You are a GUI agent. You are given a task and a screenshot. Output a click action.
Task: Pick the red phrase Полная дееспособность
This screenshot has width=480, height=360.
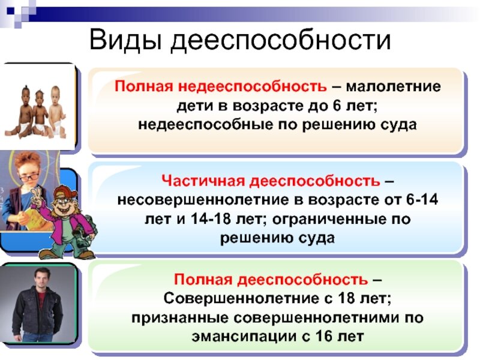(272, 280)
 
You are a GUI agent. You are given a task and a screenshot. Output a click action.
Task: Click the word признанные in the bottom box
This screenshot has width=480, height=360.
(179, 317)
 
